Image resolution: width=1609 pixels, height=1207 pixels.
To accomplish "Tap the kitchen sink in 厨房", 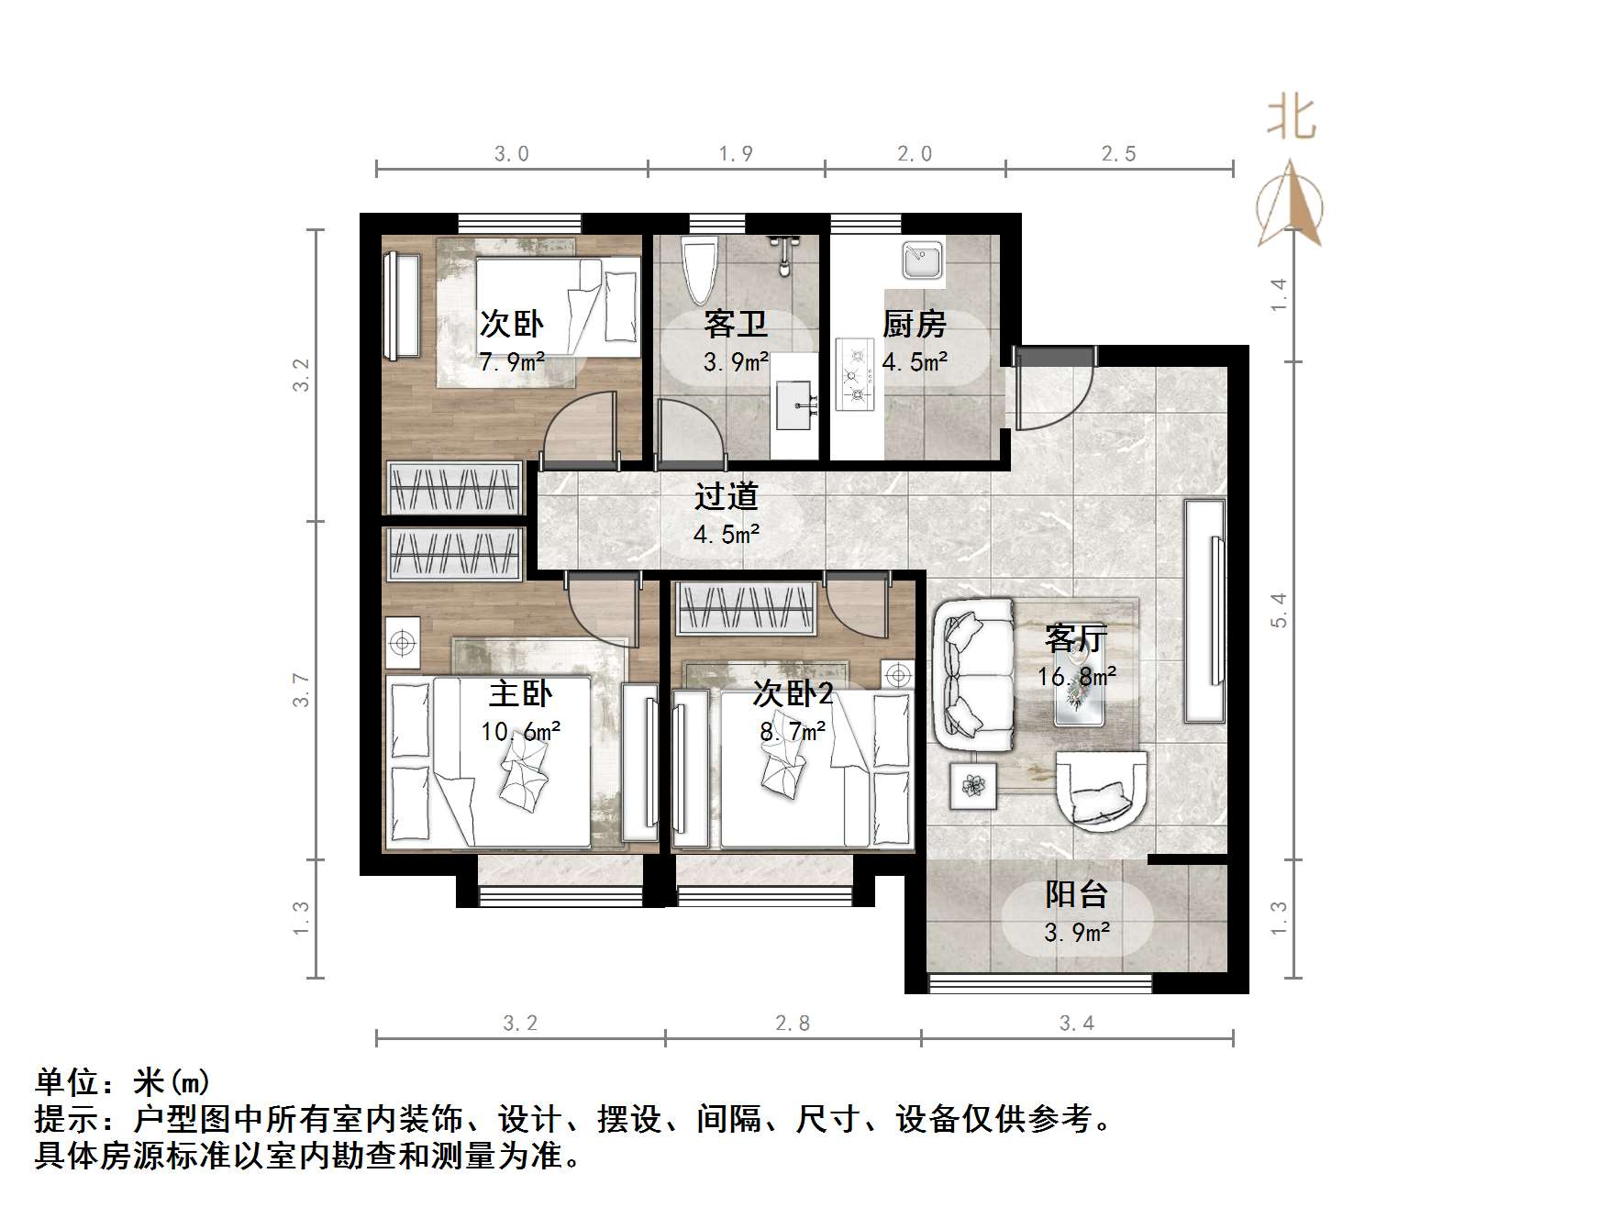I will tap(921, 260).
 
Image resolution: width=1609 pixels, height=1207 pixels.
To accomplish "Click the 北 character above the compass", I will tap(1291, 118).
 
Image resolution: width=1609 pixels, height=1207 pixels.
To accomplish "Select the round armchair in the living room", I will tap(1101, 791).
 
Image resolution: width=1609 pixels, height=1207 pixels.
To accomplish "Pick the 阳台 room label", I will tap(1077, 893).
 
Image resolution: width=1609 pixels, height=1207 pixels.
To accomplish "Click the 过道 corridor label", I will tap(726, 496).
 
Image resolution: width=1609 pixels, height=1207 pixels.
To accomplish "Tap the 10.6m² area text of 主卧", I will tap(520, 732).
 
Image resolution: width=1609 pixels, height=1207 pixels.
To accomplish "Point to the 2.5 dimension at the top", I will tap(1118, 154).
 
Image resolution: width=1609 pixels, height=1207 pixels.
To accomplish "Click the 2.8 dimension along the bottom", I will tap(793, 1023).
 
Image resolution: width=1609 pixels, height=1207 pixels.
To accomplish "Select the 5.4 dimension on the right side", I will tap(1279, 610).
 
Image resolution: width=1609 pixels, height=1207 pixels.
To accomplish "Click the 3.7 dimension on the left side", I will tap(301, 690).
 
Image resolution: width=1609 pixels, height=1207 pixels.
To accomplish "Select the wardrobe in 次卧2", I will tap(746, 609).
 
